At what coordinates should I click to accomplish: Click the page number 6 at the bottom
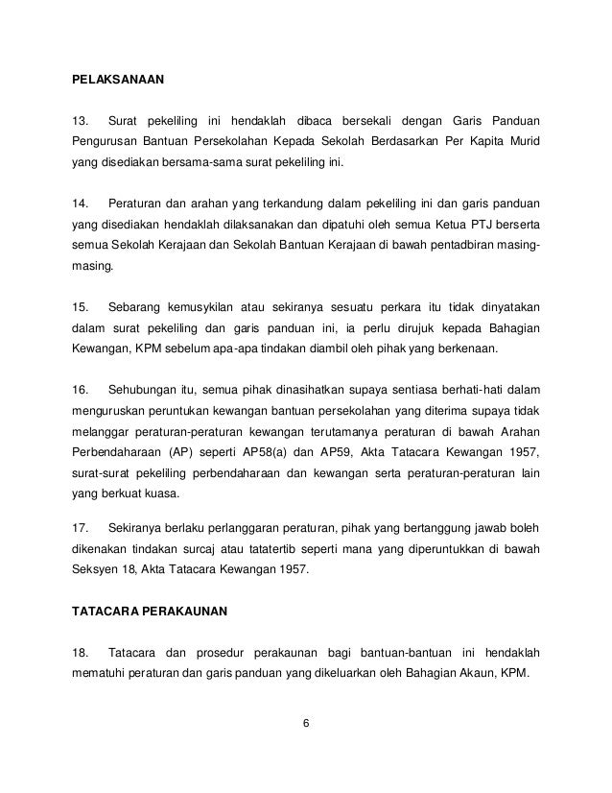[x=305, y=722]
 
